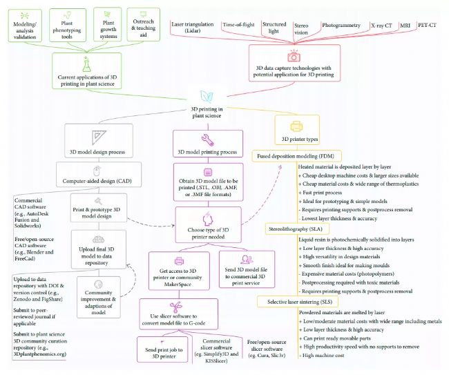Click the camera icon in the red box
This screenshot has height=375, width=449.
coord(294,56)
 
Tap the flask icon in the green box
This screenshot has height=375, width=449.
coord(86,64)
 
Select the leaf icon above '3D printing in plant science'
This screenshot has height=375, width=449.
coord(207,97)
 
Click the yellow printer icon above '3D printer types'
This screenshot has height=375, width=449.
coord(296,126)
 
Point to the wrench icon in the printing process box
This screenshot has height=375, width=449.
coord(208,140)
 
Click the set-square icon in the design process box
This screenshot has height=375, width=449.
coord(99,137)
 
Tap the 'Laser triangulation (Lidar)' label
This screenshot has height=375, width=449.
coord(193,28)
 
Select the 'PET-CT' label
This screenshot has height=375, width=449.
coord(427,25)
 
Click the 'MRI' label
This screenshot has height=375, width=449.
coord(405,26)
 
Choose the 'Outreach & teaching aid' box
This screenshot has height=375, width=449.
coord(143,25)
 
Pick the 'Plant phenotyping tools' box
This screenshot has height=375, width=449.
coord(67,25)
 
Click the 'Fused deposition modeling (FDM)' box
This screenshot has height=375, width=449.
coord(296,156)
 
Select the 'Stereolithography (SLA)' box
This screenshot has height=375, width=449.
coord(297,229)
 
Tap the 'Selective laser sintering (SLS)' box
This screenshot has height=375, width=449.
coord(298,302)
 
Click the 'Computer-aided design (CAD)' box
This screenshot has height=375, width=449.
coord(99,175)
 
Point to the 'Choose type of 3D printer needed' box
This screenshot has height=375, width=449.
coord(208,225)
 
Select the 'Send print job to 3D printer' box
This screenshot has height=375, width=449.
coord(162,349)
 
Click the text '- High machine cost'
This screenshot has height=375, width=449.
coord(322,356)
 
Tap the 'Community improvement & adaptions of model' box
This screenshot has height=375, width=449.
coord(99,297)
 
